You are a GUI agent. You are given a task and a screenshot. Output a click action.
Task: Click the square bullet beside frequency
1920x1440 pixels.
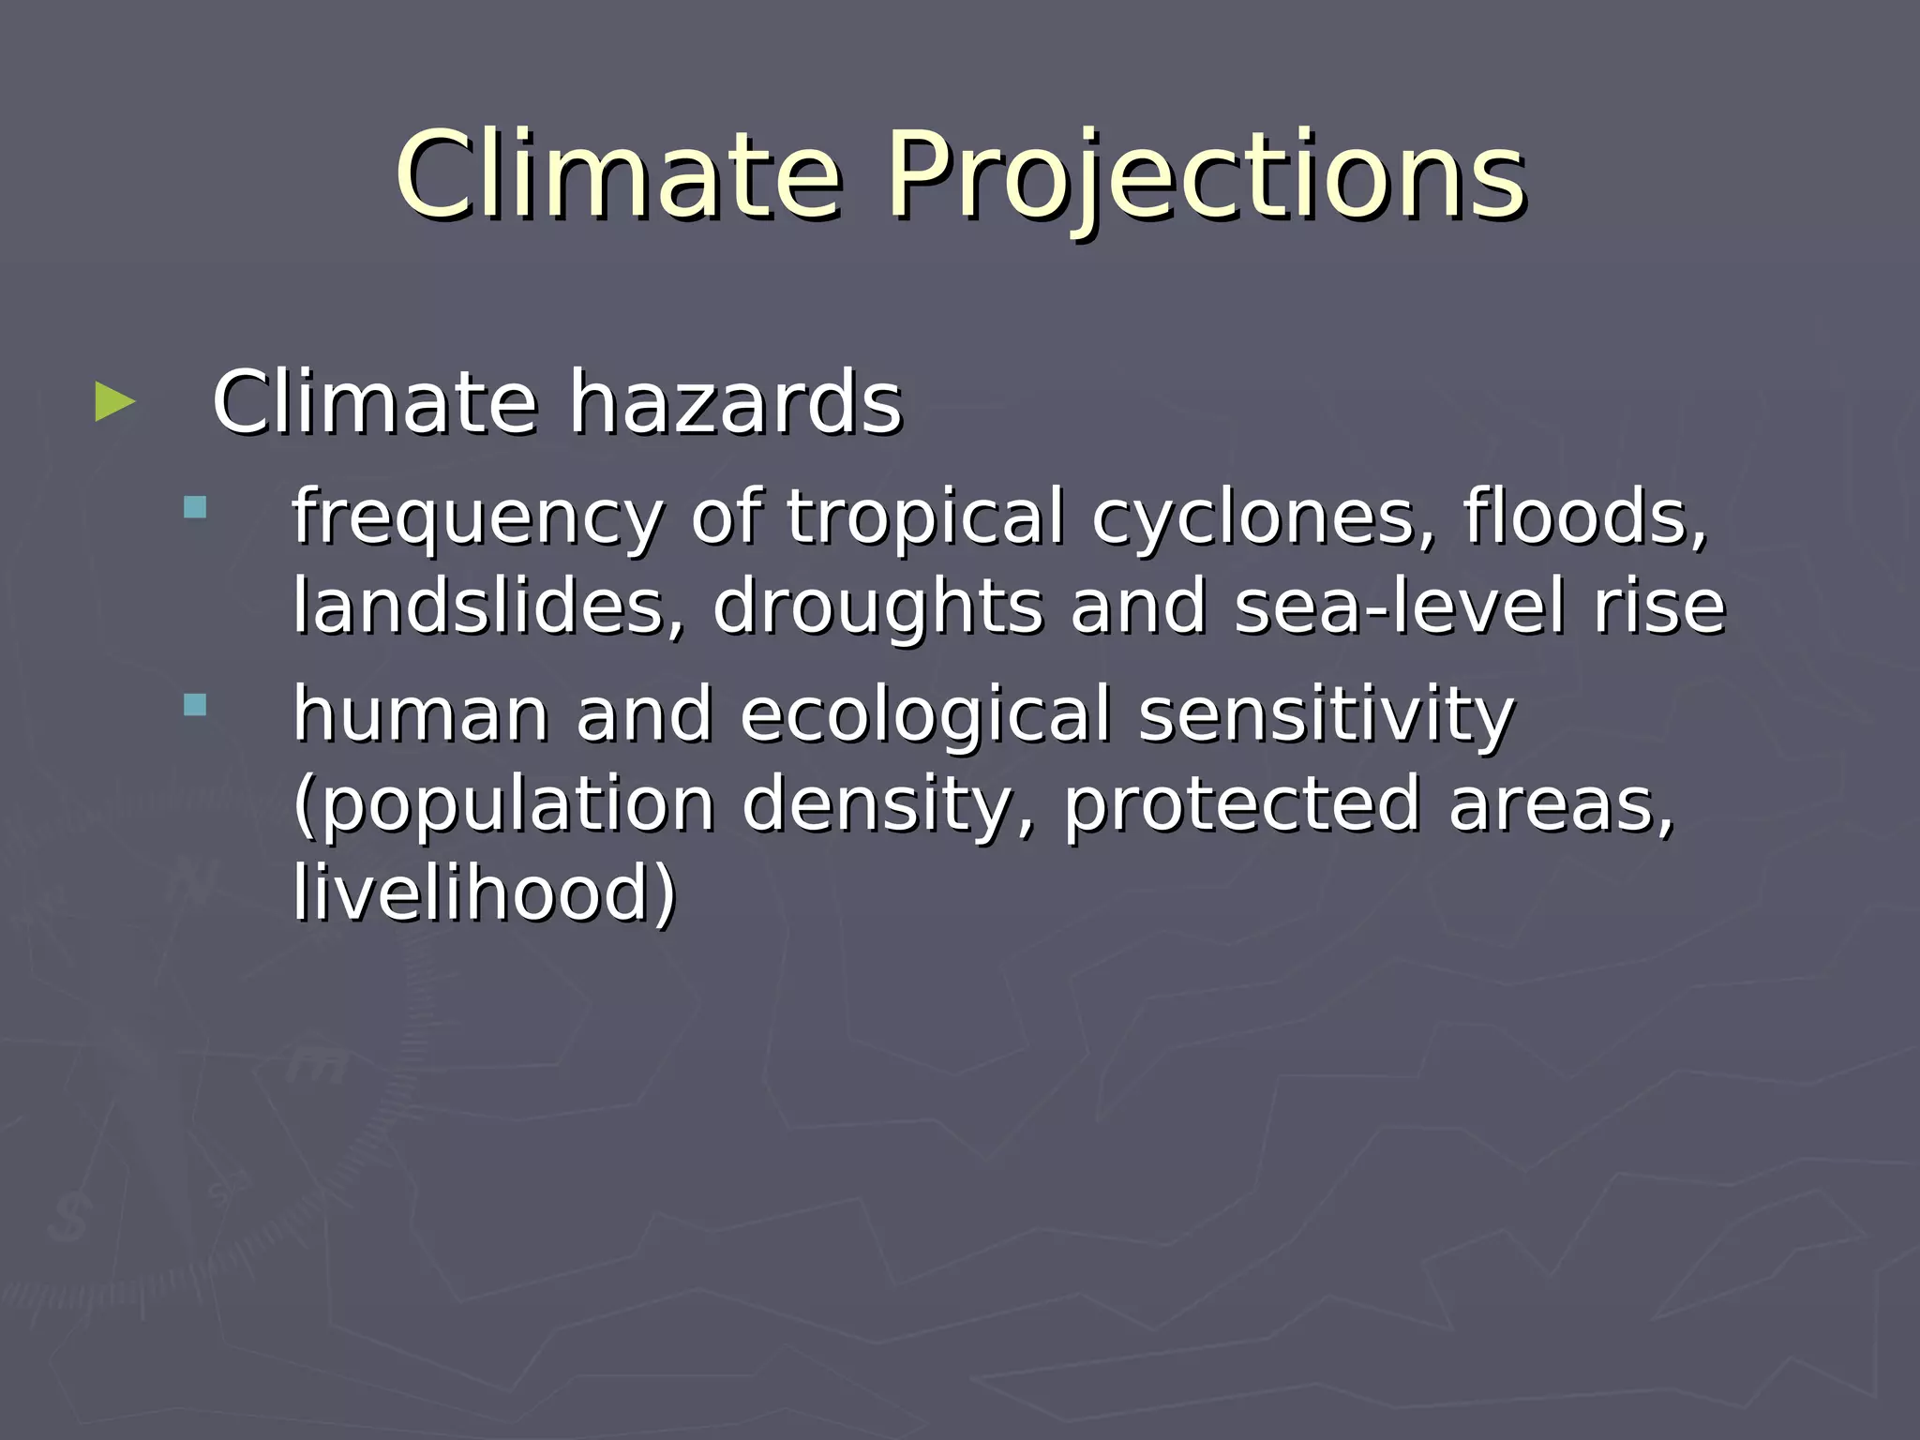point(195,508)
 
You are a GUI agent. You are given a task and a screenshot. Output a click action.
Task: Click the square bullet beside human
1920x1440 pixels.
point(195,705)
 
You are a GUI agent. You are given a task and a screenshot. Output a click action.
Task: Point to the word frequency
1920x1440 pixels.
point(477,517)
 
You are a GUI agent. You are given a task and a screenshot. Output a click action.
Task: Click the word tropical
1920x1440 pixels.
point(925,517)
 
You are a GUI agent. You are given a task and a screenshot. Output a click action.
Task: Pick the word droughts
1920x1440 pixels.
point(877,607)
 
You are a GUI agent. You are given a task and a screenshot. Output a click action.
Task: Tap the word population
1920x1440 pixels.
point(504,804)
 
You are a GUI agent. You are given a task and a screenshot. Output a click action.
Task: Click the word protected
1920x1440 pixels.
point(1241,804)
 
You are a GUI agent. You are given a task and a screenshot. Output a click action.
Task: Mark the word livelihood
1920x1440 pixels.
point(484,892)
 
